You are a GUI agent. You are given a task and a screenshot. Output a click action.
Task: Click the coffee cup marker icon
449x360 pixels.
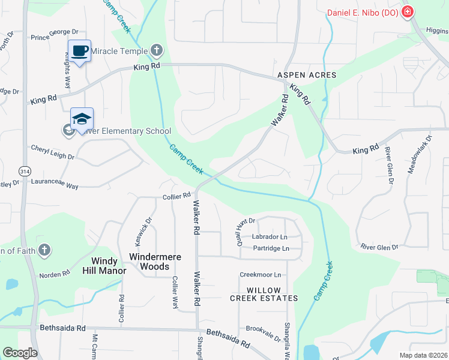pos(79,51)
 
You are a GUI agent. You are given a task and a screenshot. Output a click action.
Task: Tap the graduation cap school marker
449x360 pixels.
pos(82,119)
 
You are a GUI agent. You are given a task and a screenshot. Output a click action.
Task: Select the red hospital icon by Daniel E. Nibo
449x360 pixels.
pos(408,11)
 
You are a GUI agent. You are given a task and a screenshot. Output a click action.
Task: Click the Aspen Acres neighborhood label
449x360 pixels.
pos(307,76)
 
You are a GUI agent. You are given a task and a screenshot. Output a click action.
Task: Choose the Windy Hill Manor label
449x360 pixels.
pos(100,266)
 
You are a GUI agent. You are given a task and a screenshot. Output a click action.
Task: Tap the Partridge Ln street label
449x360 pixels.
pos(271,248)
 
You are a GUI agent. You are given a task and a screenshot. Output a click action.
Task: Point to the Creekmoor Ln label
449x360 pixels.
pos(261,275)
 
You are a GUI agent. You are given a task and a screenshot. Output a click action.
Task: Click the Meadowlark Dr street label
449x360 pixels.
pos(420,154)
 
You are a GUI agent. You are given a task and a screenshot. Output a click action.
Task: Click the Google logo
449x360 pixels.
pos(20,353)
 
